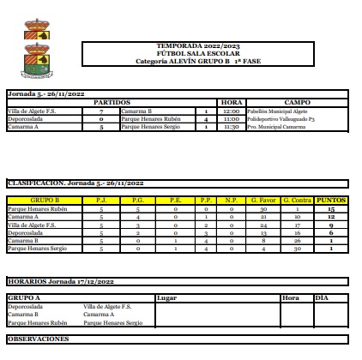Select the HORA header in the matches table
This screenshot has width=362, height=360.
coord(232,102)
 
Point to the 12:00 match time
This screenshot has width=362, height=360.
coord(232,111)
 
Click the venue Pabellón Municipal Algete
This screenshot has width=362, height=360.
coord(278,111)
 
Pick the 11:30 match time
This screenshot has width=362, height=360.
coord(232,126)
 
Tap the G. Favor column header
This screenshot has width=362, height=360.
coord(264,200)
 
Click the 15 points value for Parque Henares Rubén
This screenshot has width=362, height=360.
coord(330,208)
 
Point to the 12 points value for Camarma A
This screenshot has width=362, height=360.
coord(330,216)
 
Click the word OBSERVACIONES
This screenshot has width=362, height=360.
coord(38,339)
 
